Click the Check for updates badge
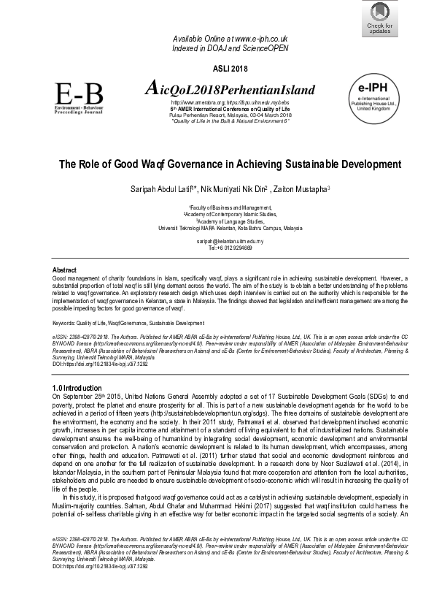point(379,18)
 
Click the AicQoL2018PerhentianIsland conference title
point(230,90)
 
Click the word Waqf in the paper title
point(158,164)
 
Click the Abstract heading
point(66,270)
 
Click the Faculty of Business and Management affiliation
point(230,207)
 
